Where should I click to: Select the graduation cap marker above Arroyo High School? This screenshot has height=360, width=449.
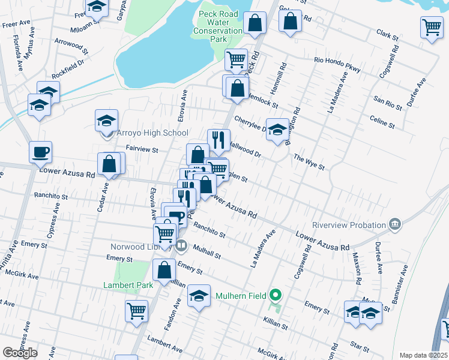(106, 120)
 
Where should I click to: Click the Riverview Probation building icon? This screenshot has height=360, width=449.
(395, 225)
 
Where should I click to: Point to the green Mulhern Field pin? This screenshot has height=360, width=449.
(276, 295)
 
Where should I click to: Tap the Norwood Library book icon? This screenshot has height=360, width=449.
(181, 245)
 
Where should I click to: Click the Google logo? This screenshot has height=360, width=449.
(20, 353)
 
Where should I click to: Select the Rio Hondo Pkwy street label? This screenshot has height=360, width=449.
(337, 64)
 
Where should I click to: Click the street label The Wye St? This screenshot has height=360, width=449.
(309, 161)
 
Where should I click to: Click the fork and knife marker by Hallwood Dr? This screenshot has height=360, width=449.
(218, 140)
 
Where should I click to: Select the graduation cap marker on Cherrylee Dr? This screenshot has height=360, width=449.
(277, 130)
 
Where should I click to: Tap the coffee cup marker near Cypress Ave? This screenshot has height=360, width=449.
(40, 152)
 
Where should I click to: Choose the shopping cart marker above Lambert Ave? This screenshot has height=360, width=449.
(137, 311)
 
